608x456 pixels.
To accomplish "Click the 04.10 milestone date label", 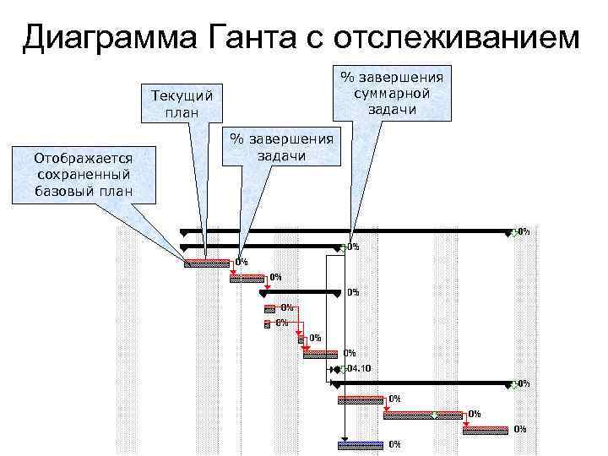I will point(360,369).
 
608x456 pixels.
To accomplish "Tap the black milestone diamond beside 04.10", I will point(335,369).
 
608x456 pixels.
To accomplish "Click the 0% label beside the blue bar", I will point(394,444).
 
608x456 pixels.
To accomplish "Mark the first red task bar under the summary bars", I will point(206,263).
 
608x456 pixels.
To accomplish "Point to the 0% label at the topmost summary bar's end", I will point(524,231).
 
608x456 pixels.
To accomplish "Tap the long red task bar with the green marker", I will point(422,414).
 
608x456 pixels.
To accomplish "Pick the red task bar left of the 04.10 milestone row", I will point(321,354).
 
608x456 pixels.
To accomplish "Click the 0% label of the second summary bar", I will point(354,247).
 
